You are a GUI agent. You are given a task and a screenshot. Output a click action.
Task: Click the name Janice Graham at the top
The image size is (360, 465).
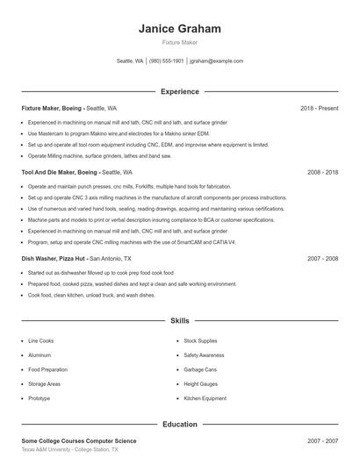[180, 29]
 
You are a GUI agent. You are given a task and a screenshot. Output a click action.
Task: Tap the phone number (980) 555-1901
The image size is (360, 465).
[166, 61]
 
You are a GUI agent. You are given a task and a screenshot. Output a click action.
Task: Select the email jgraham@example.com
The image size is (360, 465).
[216, 61]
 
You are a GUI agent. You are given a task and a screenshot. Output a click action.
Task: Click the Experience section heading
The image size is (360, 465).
[180, 91]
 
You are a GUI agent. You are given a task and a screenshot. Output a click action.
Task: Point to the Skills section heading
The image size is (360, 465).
[180, 322]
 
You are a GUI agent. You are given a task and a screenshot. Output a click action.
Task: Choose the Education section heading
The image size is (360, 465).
[180, 424]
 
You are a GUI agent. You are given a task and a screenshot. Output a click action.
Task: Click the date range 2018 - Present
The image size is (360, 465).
[319, 108]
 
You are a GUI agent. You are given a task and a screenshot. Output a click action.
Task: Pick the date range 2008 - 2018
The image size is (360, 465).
[322, 173]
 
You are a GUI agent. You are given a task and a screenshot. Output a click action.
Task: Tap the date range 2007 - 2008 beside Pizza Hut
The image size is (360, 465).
[322, 260]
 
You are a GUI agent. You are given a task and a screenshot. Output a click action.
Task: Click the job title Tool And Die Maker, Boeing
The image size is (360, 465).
[59, 173]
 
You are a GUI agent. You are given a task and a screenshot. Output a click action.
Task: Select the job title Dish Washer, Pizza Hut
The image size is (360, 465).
[54, 260]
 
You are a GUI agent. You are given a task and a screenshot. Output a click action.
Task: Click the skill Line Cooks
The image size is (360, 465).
[40, 340]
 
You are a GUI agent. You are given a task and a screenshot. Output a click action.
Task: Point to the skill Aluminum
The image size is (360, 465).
[40, 355]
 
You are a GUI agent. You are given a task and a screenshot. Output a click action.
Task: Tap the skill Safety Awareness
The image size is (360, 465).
[205, 355]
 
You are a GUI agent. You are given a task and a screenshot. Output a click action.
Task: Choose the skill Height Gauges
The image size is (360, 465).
[200, 384]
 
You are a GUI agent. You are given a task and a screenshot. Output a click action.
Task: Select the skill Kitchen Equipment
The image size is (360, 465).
[205, 398]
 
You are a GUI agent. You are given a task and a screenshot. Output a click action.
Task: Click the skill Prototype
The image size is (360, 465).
[40, 398]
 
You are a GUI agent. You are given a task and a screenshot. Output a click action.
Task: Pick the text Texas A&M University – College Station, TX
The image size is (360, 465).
[69, 449]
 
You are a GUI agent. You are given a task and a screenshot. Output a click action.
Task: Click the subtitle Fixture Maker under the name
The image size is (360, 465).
[180, 43]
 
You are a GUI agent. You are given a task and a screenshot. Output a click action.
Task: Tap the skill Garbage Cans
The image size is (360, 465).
[200, 369]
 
